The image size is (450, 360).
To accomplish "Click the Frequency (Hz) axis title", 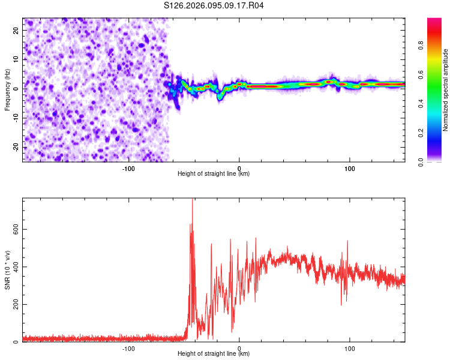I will coord(7,90).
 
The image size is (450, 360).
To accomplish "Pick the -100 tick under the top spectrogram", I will coord(128,168).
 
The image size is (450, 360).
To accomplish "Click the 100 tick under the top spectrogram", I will coord(350,168).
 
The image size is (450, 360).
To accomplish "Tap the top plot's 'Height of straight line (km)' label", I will coord(214,175).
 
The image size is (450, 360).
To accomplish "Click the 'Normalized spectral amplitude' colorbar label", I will coord(445,90).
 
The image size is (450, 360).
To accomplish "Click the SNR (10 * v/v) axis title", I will coord(7,270).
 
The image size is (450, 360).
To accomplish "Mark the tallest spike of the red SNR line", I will coord(192,200).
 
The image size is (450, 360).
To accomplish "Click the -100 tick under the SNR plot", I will coord(128,348).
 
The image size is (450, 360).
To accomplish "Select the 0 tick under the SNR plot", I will coord(239,348).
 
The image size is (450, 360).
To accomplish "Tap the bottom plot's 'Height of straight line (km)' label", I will coord(214,355).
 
